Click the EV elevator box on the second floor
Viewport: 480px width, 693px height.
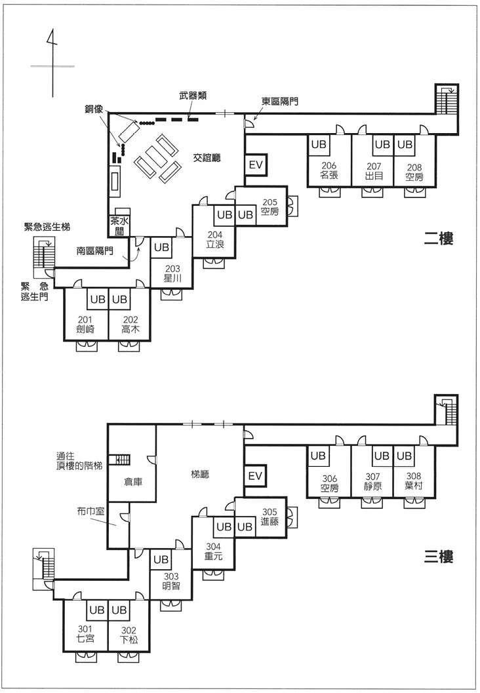(256, 165)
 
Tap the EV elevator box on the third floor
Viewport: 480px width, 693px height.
(256, 476)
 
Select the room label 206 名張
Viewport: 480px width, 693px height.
(329, 170)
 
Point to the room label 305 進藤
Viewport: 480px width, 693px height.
(270, 517)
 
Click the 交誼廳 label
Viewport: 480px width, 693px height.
(207, 157)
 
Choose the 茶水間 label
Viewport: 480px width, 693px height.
(119, 226)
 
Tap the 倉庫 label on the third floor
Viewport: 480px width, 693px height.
(133, 482)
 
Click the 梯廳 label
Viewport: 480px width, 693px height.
(200, 475)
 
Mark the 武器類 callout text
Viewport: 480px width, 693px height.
(193, 95)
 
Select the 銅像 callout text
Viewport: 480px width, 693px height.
(94, 109)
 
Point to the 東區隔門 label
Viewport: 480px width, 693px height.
(280, 101)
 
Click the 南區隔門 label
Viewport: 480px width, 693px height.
(95, 251)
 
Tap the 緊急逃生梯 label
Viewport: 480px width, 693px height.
(47, 227)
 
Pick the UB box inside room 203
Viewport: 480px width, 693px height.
(161, 248)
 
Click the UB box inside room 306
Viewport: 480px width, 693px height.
(318, 456)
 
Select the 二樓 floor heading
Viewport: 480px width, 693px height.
(439, 239)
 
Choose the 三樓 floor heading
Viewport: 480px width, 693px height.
(439, 556)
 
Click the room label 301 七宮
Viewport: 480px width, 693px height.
(85, 634)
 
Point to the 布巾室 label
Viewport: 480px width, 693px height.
(90, 511)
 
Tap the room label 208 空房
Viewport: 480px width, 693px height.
(414, 172)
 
